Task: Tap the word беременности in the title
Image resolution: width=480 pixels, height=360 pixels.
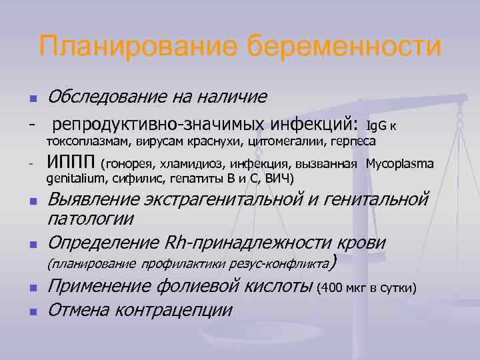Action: coord(345,47)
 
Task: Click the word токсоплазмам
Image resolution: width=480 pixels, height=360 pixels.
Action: coord(90,142)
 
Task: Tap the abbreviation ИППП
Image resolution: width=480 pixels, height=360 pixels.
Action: coord(71,163)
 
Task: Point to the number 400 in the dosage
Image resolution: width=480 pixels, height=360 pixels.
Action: coord(332,288)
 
